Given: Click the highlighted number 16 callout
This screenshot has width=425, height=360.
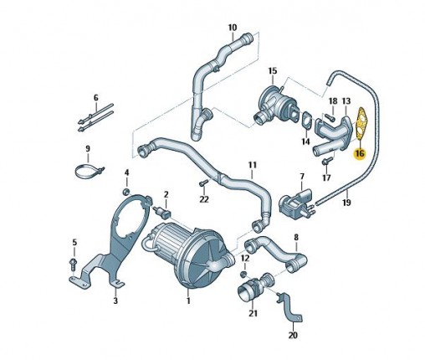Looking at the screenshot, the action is (359, 153).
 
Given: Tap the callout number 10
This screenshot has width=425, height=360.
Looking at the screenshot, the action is (233, 28).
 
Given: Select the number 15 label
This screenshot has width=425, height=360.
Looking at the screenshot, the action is (273, 71).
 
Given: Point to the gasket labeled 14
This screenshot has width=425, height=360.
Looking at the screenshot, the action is (307, 121).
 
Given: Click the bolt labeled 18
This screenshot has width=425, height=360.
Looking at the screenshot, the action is (330, 117).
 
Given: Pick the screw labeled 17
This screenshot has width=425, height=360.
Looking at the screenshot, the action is (327, 162).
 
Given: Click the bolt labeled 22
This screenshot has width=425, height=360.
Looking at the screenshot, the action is (204, 183).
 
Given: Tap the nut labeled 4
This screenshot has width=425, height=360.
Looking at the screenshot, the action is (126, 192).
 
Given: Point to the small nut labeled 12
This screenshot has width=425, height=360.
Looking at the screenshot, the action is (244, 275).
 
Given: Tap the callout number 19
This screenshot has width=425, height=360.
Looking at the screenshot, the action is (346, 203).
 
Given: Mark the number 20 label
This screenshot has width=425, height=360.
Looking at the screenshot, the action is (293, 335).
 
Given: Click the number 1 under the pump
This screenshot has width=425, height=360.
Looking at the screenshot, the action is (188, 301).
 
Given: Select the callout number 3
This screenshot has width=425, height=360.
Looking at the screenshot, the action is (115, 301).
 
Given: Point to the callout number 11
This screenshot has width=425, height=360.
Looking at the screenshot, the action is (252, 165).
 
